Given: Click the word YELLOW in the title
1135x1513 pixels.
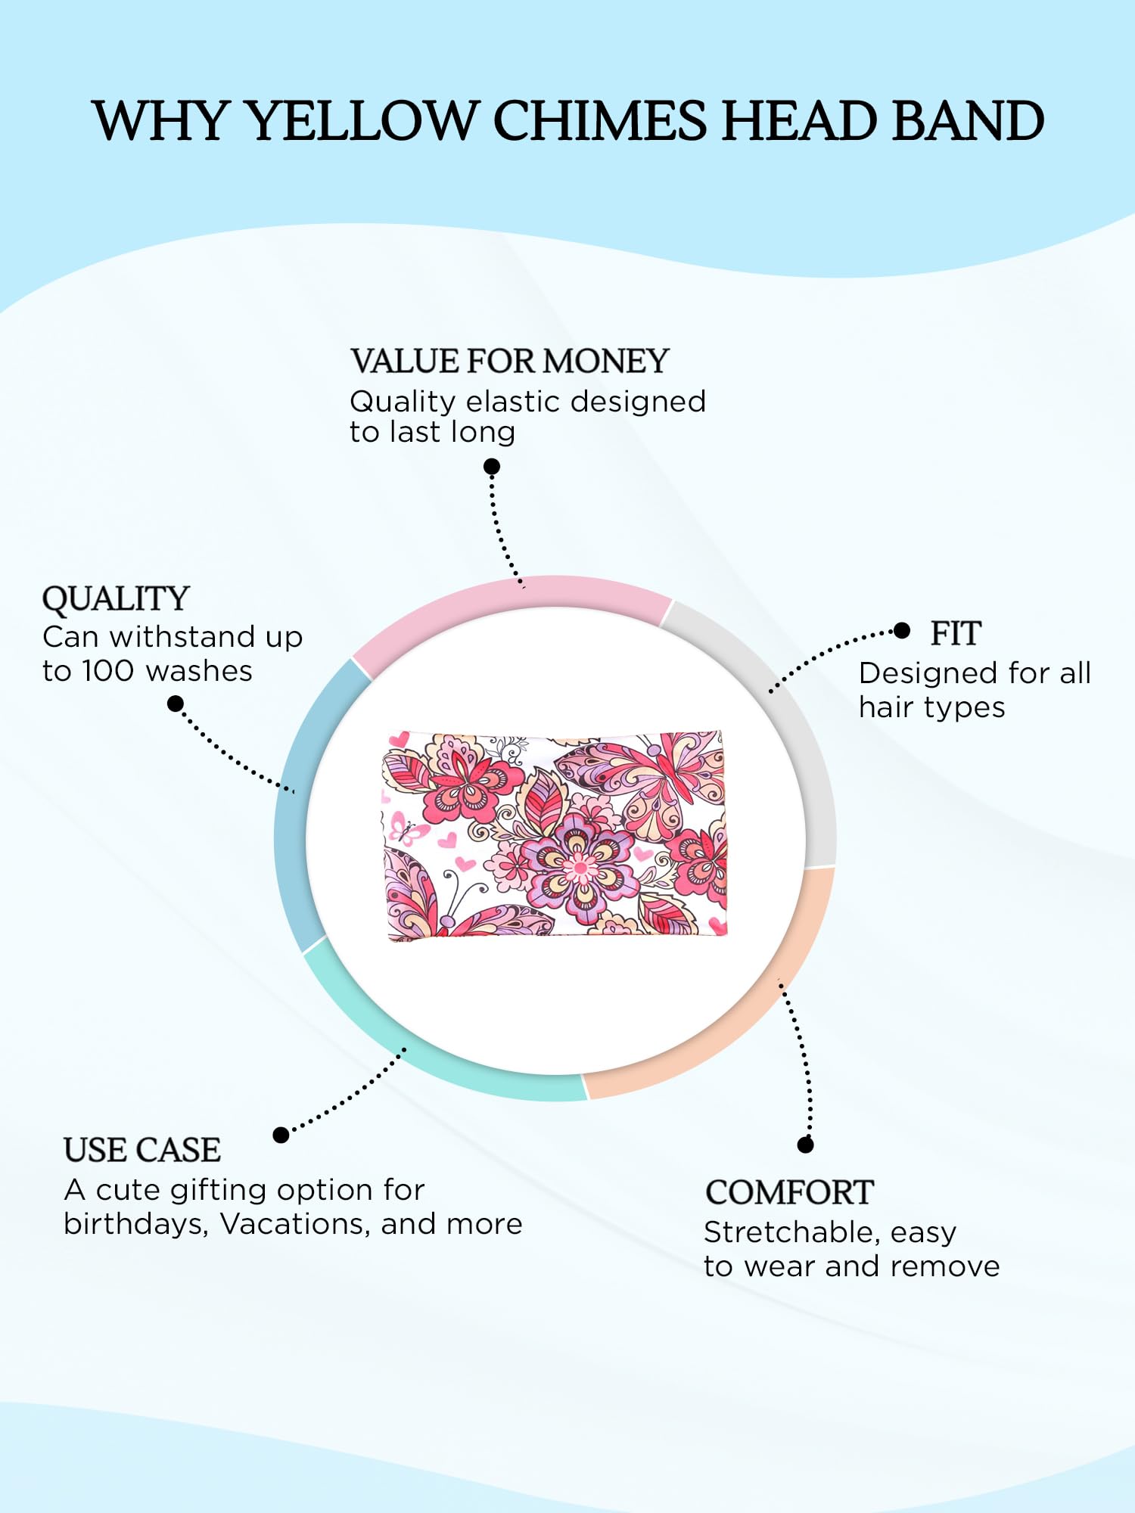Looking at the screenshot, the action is coord(364,121).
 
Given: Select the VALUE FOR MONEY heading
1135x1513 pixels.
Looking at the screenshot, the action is coord(510,361).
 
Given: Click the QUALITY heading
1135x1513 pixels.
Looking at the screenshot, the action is coord(116,599).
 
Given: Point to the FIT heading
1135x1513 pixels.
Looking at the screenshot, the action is coord(956,634).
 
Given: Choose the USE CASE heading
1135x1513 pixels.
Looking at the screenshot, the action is coord(142,1150).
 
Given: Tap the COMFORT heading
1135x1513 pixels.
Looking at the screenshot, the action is coord(789,1192).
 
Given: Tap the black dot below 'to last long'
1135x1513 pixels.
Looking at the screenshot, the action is coord(492,467).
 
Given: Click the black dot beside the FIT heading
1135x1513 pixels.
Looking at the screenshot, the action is coord(901,631).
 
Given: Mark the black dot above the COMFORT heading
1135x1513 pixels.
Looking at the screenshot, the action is coord(806,1145).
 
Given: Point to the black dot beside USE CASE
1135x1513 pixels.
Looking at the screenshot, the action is coord(281,1135).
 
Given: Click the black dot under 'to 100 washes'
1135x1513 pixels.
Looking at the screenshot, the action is coord(176,704).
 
